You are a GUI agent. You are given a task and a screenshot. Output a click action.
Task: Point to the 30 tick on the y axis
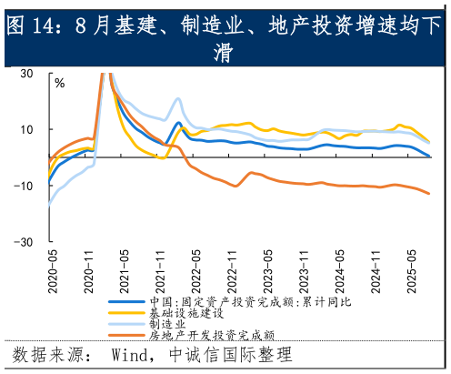tap(26, 73)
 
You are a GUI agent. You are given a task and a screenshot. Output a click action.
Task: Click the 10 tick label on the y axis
tap(26, 129)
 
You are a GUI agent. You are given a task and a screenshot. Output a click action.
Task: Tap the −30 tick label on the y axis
tap(24, 242)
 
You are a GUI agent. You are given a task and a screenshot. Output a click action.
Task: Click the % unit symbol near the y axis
tap(60, 83)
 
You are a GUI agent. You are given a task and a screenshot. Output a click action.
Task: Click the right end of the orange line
tap(429, 193)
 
